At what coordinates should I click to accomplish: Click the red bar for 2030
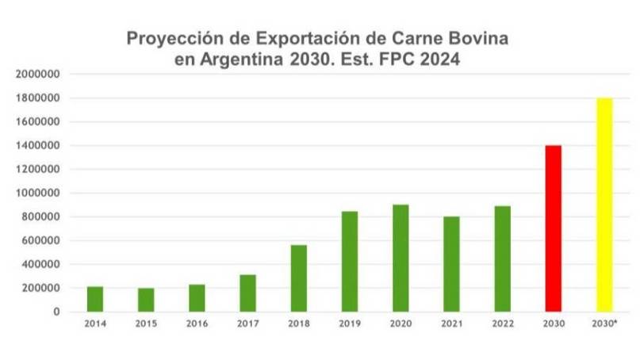coord(553,228)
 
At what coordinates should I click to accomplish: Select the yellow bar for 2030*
coord(604,205)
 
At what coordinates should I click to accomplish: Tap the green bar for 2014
coord(95,299)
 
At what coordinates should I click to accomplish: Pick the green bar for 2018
coord(298,278)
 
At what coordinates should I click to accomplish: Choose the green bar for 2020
coord(400,258)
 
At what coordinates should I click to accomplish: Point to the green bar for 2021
coord(451,264)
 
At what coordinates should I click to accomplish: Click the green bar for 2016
coord(197,298)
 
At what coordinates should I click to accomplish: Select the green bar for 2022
coord(502,259)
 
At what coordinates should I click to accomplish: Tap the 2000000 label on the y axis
coord(38,75)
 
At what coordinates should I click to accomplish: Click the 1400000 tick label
coord(38,146)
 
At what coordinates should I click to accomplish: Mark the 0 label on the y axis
coord(57,312)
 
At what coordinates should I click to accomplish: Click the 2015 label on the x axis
coord(146,324)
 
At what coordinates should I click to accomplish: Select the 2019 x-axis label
coord(350,324)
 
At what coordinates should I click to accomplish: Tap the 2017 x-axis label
coord(247,324)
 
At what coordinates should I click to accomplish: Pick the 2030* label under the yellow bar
coord(605,324)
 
